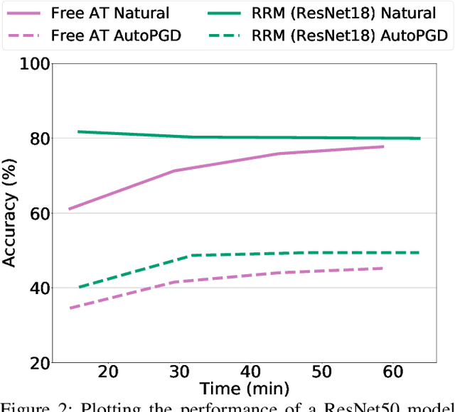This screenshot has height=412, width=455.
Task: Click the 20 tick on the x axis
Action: (x=108, y=372)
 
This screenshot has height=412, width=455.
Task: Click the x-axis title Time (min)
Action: (x=245, y=389)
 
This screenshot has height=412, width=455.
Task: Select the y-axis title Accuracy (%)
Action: (x=10, y=213)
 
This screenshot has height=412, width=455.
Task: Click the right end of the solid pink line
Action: (x=383, y=146)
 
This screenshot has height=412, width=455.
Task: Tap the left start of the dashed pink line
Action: (x=70, y=308)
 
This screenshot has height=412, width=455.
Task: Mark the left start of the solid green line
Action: (x=78, y=131)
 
